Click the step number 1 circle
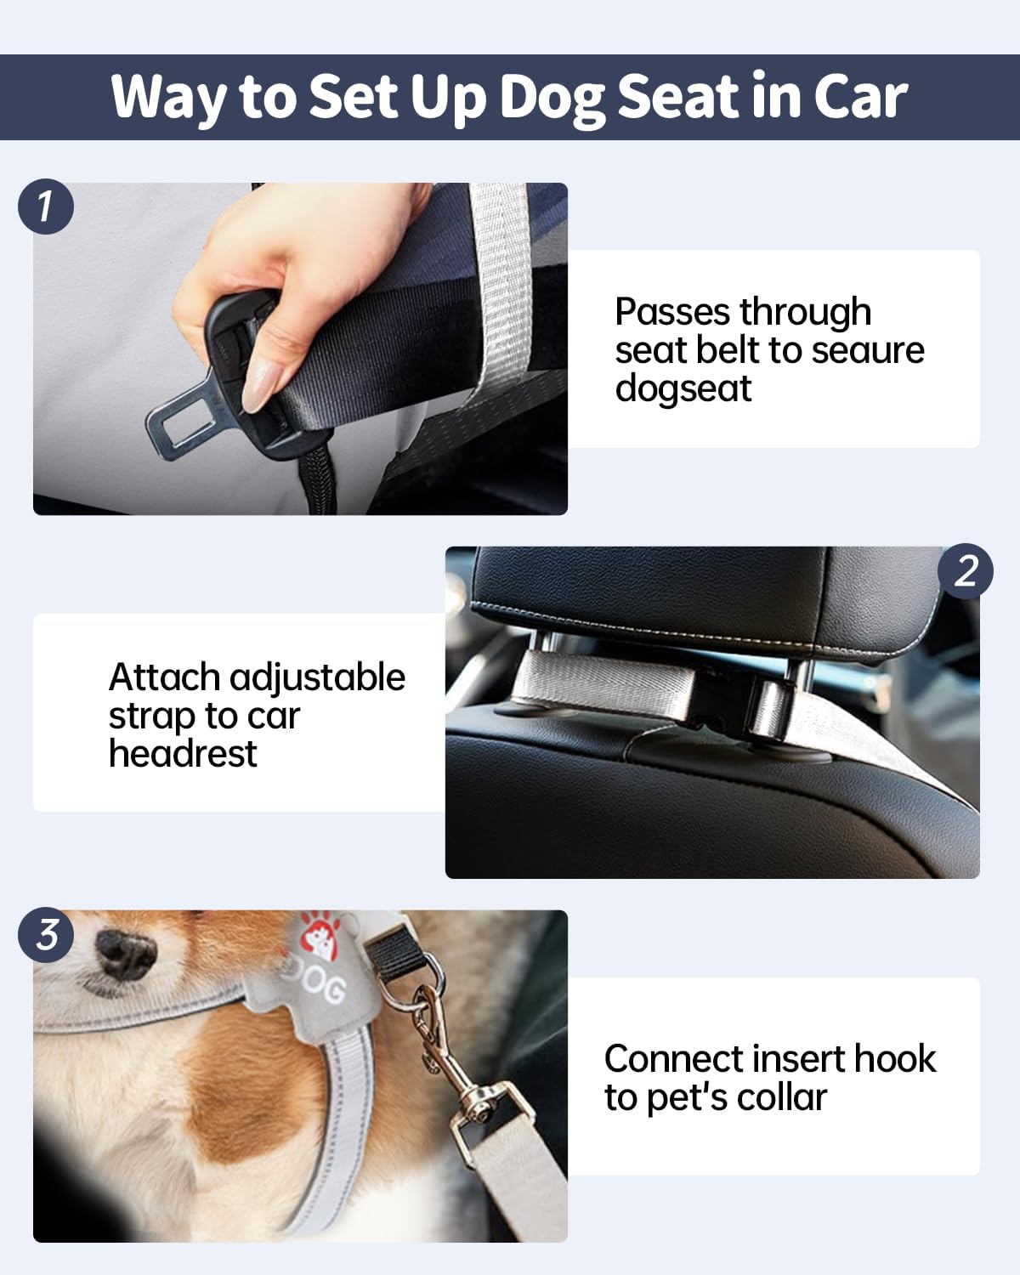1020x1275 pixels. [46, 207]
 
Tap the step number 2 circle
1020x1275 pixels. [965, 571]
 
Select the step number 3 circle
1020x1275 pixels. [46, 935]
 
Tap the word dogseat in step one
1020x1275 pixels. [683, 389]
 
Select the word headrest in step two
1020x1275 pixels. [183, 754]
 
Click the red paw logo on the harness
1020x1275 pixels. [320, 936]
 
